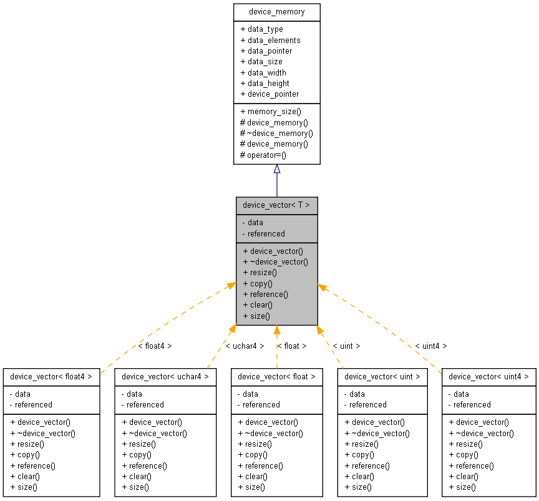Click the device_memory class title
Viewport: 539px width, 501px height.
pos(276,12)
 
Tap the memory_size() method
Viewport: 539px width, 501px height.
pos(270,111)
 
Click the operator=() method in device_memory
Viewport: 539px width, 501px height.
pos(263,155)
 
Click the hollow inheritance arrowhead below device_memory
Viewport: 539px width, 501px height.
pos(276,169)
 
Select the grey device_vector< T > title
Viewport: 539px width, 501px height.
pos(276,205)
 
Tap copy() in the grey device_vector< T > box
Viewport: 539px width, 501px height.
pos(258,283)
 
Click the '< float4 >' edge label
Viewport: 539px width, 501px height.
pos(155,346)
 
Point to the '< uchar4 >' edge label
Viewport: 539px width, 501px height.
pos(245,346)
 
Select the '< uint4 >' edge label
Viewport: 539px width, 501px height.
pos(431,346)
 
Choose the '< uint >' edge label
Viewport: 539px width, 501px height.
pos(346,346)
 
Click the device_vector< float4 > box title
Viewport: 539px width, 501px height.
pos(51,376)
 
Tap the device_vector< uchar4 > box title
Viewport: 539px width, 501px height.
pos(165,376)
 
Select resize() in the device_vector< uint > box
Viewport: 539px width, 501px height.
pos(361,444)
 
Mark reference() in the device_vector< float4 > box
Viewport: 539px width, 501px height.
pos(32,465)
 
